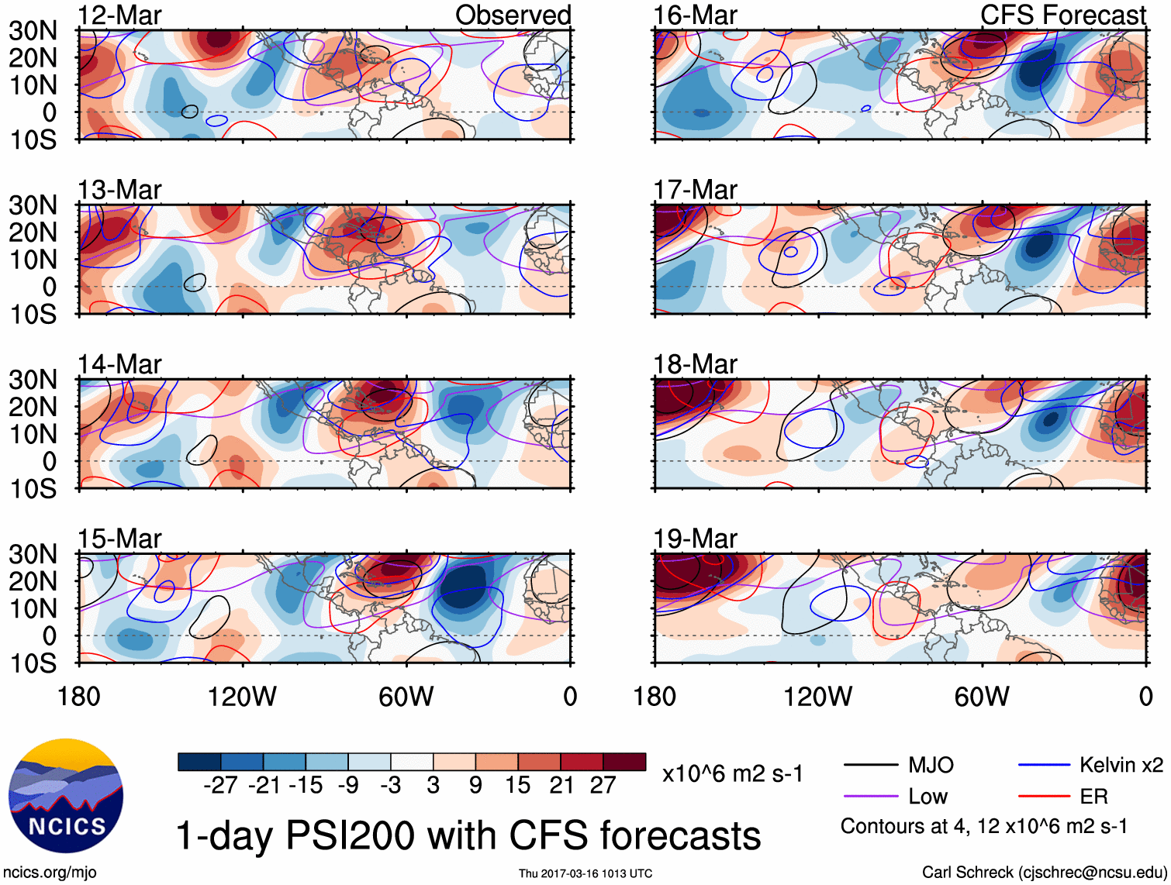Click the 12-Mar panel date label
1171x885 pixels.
point(119,15)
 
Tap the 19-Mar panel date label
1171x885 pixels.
point(695,538)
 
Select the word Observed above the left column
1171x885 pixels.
point(513,15)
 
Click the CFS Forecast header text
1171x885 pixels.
point(1062,15)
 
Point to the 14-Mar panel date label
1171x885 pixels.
point(119,363)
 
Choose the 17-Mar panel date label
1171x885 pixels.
point(695,189)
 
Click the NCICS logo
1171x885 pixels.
point(66,796)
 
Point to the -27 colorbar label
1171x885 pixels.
point(220,785)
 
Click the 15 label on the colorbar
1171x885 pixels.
point(517,785)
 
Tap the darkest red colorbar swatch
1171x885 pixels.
point(624,762)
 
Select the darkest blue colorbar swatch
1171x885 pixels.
point(199,762)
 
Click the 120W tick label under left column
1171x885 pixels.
point(242,697)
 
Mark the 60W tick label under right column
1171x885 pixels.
point(982,697)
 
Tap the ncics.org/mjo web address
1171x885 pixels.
point(50,872)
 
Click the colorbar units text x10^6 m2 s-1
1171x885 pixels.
point(732,773)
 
